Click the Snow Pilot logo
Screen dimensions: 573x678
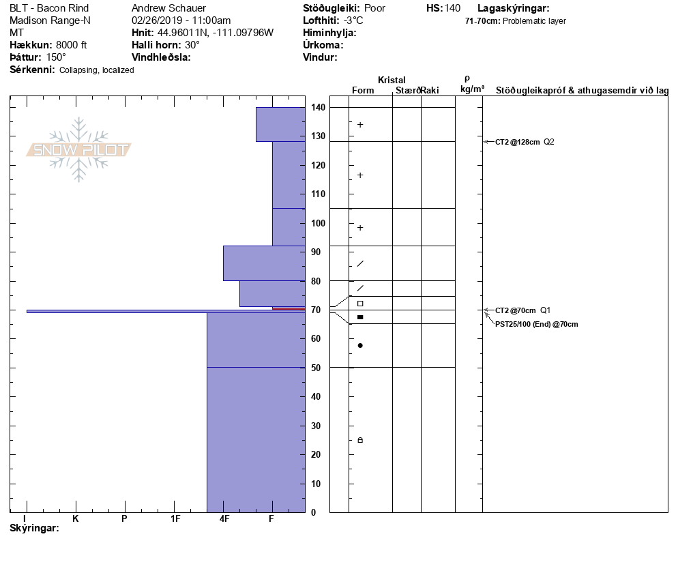pyautogui.click(x=79, y=150)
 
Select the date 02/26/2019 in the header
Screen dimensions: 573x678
pyautogui.click(x=156, y=20)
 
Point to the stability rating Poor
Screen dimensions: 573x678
pyautogui.click(x=375, y=8)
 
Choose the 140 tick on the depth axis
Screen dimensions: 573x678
pyautogui.click(x=317, y=108)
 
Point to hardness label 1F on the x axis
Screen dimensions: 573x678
pyautogui.click(x=175, y=519)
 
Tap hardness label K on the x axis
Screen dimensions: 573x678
pyautogui.click(x=76, y=519)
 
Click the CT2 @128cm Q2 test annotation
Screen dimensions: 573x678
pyautogui.click(x=525, y=142)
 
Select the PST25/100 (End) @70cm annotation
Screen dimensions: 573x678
pyautogui.click(x=536, y=324)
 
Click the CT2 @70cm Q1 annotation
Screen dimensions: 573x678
pyautogui.click(x=522, y=310)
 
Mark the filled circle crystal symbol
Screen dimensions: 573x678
pyautogui.click(x=360, y=345)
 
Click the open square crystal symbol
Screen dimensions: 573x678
pyautogui.click(x=360, y=304)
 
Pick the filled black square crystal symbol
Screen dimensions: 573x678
pyautogui.click(x=360, y=317)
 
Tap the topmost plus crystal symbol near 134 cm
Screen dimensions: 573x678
pyautogui.click(x=360, y=125)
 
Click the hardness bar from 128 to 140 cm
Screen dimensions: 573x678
pyautogui.click(x=280, y=124)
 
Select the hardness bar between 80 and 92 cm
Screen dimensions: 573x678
pyautogui.click(x=263, y=263)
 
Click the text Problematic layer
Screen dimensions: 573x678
pyautogui.click(x=534, y=21)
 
